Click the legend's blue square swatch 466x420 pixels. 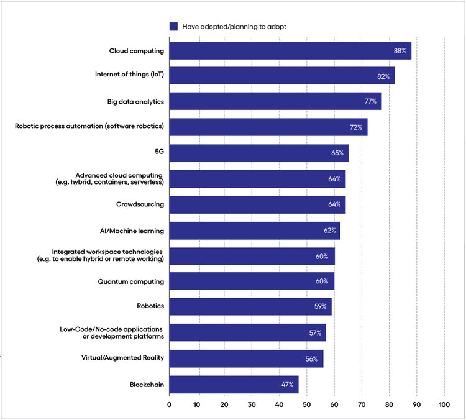pos(173,27)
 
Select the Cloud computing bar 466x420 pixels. pos(290,51)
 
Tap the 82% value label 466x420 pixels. pos(383,76)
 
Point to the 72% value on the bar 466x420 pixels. pos(355,127)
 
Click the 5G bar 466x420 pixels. pos(258,153)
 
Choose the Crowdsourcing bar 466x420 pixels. pos(257,204)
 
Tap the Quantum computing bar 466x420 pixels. pos(252,281)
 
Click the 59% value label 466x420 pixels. pos(321,307)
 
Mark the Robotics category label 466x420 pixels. pos(150,307)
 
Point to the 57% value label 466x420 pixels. pos(315,333)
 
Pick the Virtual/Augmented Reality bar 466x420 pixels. pos(246,358)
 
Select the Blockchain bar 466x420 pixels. pos(234,385)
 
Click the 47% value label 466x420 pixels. pos(288,385)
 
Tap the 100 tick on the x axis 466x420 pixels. pos(444,405)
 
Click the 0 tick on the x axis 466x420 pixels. pos(169,405)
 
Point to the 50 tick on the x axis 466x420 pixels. pos(306,405)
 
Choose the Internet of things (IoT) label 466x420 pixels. pos(129,76)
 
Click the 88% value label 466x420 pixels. pos(400,51)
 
